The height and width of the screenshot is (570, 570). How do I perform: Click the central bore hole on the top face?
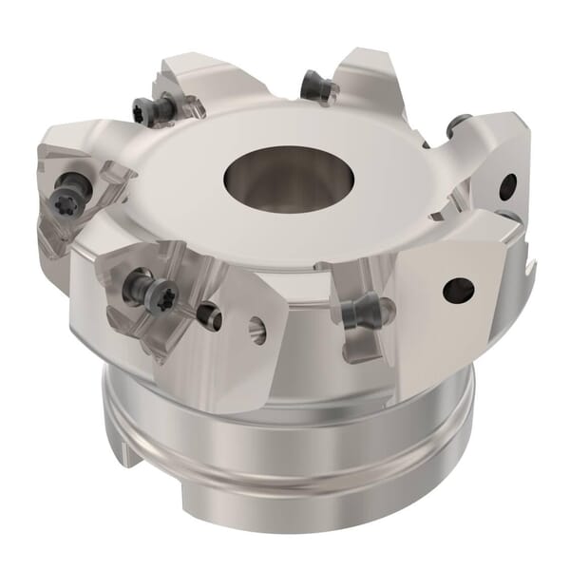tap(288, 175)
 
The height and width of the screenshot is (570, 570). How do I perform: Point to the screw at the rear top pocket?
tap(320, 88)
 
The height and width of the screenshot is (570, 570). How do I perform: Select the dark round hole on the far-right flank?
tap(508, 186)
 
